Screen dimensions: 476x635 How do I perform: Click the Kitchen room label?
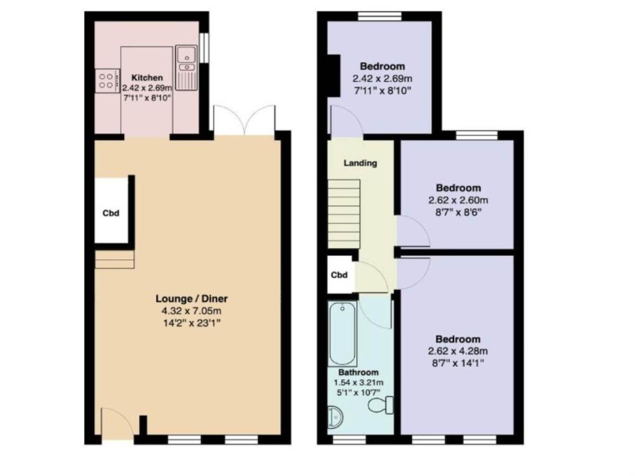(x=147, y=78)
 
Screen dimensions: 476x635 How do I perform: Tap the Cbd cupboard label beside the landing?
(x=339, y=275)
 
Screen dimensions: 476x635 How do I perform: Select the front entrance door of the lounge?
(x=117, y=425)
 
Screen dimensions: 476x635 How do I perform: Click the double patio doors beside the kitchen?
(x=243, y=119)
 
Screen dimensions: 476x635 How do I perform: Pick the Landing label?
(x=360, y=164)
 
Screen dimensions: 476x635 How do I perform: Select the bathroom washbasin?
(x=335, y=418)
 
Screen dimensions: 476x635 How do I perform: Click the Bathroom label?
(x=358, y=372)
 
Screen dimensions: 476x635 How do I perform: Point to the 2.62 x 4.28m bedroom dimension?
(x=458, y=351)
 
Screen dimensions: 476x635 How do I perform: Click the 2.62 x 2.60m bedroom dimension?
(x=458, y=200)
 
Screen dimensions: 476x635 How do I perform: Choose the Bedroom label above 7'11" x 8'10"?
(x=383, y=66)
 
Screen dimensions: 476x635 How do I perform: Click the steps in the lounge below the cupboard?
(x=115, y=259)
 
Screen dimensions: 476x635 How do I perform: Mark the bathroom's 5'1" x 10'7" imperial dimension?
(x=359, y=391)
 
